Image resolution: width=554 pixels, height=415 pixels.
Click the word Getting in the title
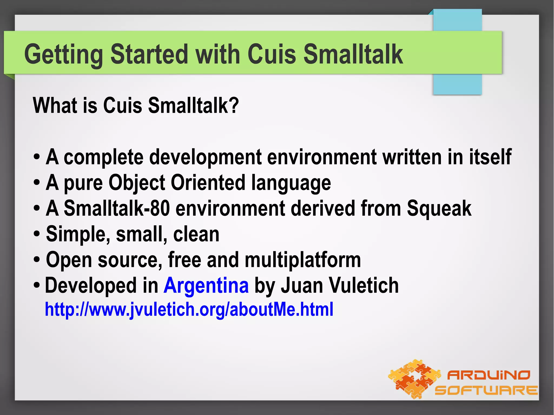63,55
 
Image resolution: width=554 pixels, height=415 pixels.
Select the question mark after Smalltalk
234,105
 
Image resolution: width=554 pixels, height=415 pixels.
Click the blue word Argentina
206,285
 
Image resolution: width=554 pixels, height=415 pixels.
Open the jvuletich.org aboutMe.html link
189,309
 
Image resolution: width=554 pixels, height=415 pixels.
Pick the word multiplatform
303,260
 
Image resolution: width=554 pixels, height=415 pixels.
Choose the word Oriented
208,182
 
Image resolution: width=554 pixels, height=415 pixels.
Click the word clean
196,234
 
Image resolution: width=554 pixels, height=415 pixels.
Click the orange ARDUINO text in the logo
489,375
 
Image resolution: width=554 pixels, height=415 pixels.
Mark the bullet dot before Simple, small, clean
37,234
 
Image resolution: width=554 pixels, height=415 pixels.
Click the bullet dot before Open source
37,260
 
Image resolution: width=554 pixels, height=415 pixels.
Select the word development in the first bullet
205,157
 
